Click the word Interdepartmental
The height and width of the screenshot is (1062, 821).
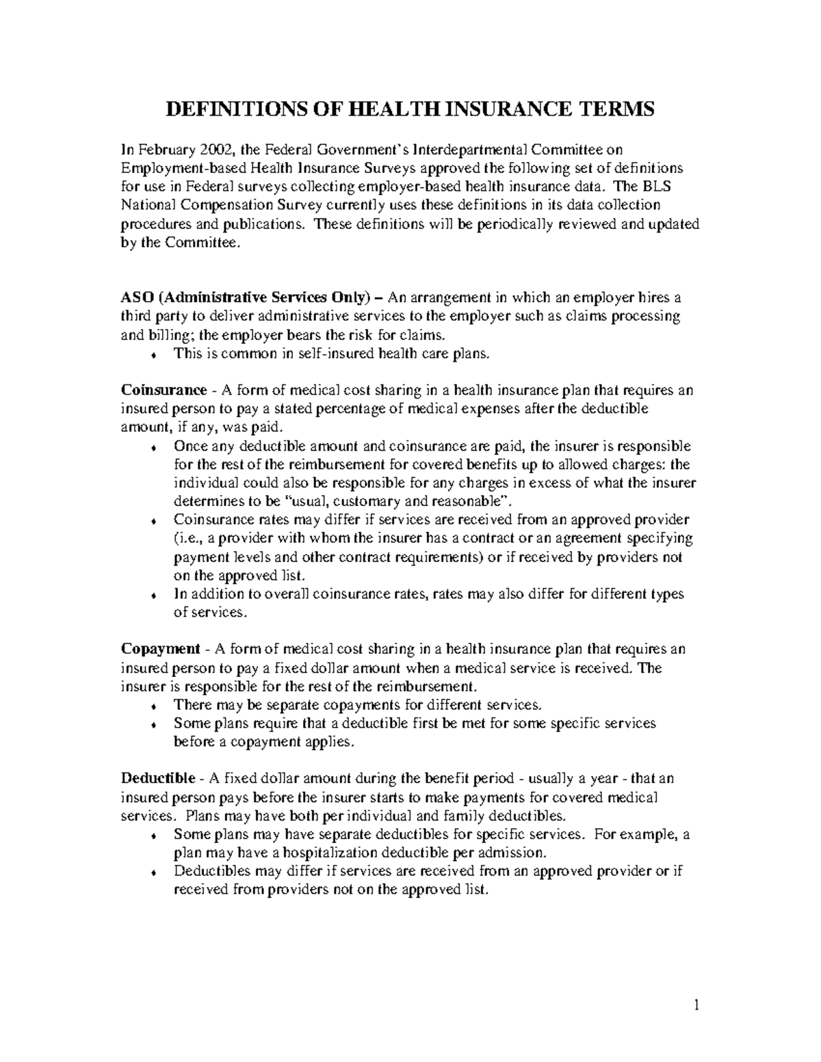pos(456,150)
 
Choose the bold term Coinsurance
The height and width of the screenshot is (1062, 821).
pos(164,390)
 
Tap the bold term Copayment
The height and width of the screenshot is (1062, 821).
pos(161,649)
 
